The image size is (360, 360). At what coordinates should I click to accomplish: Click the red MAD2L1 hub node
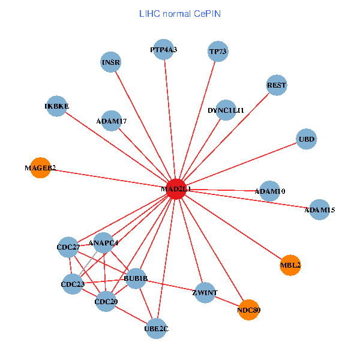176,189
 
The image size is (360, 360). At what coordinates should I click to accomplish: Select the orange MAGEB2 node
41,167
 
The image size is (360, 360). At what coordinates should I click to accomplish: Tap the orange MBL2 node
290,265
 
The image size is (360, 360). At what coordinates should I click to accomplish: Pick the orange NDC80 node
249,310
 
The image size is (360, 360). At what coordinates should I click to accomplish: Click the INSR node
111,62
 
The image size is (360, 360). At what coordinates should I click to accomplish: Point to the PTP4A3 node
164,50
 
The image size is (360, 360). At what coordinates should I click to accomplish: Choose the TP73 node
218,52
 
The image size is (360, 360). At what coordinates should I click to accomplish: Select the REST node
277,85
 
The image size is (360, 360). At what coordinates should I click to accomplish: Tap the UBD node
306,139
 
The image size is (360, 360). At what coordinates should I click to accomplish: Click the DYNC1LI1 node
226,110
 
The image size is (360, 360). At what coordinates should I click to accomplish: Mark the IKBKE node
56,106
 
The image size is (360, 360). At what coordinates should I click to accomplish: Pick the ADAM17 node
111,121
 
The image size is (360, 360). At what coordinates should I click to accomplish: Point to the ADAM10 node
270,191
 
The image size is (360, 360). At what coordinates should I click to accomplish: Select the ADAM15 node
319,210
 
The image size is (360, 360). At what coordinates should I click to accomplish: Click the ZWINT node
205,293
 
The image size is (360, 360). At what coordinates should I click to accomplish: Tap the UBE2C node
156,328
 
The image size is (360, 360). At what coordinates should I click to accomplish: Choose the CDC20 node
106,301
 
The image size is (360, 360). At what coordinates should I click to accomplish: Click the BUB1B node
136,278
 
